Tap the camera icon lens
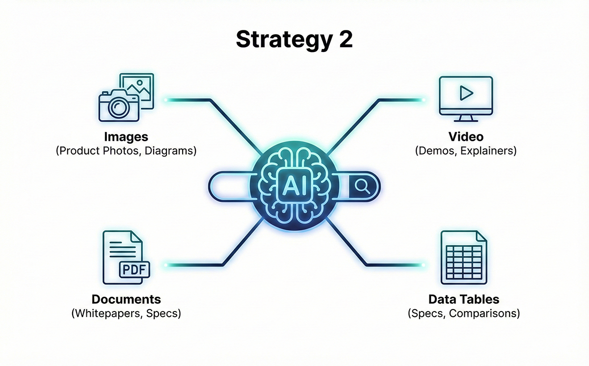click(118, 107)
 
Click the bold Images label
click(126, 136)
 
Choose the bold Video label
click(466, 136)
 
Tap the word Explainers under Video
click(488, 151)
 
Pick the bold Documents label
click(126, 299)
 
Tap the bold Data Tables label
click(464, 299)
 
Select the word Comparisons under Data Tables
click(485, 313)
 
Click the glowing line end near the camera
click(167, 100)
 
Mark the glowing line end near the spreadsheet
click(422, 265)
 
